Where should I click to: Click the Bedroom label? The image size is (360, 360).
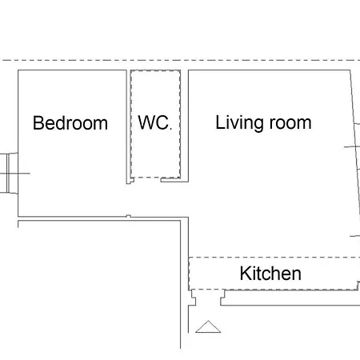[x=70, y=123]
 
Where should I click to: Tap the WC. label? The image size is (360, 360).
[x=154, y=122]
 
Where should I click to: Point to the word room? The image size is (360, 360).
[x=290, y=123]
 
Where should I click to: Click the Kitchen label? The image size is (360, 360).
[x=270, y=274]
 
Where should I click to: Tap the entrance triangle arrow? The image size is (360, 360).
[x=208, y=326]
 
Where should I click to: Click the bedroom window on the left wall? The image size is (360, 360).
[x=9, y=173]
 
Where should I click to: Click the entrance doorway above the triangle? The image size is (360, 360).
[x=208, y=298]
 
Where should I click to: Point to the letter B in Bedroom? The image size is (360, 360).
[x=38, y=123]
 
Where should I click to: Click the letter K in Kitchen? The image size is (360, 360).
[x=245, y=274]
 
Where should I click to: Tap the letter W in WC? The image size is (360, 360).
[x=146, y=122]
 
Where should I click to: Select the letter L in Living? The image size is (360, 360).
[x=220, y=122]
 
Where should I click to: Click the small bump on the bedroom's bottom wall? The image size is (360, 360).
[x=129, y=216]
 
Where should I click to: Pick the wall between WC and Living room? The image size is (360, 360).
[x=185, y=126]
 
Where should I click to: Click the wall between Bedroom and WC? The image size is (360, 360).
[x=129, y=126]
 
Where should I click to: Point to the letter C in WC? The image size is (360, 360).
[x=162, y=122]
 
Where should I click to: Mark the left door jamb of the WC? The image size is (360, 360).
[x=131, y=180]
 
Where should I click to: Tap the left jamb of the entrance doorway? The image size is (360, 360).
[x=193, y=298]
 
